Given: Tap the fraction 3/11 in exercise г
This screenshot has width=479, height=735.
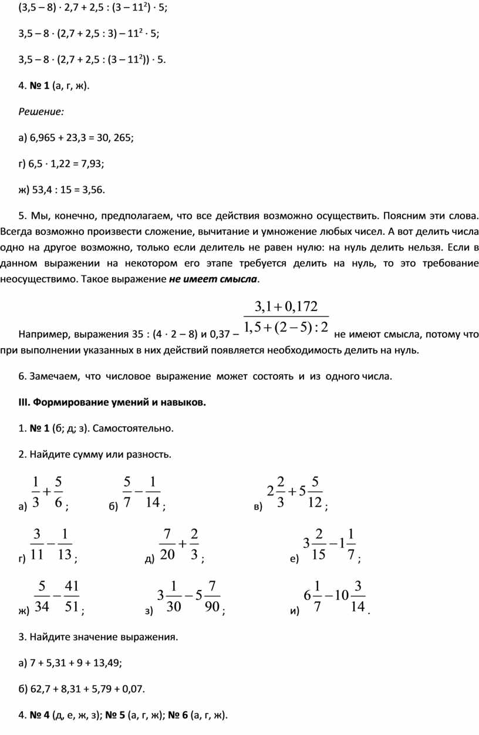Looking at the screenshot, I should coord(37,544).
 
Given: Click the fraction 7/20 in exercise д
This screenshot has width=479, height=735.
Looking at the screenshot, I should coord(167,544).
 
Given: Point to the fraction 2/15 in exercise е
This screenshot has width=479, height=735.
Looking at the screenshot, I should coord(319,544).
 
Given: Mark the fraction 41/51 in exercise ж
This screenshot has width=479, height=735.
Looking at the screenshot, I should coord(72,596).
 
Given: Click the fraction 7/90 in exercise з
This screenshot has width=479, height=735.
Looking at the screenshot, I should coord(213,596).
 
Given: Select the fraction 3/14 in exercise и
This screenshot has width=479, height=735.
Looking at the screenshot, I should coord(357,596).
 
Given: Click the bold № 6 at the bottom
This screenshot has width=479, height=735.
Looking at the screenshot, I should coord(177,715).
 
